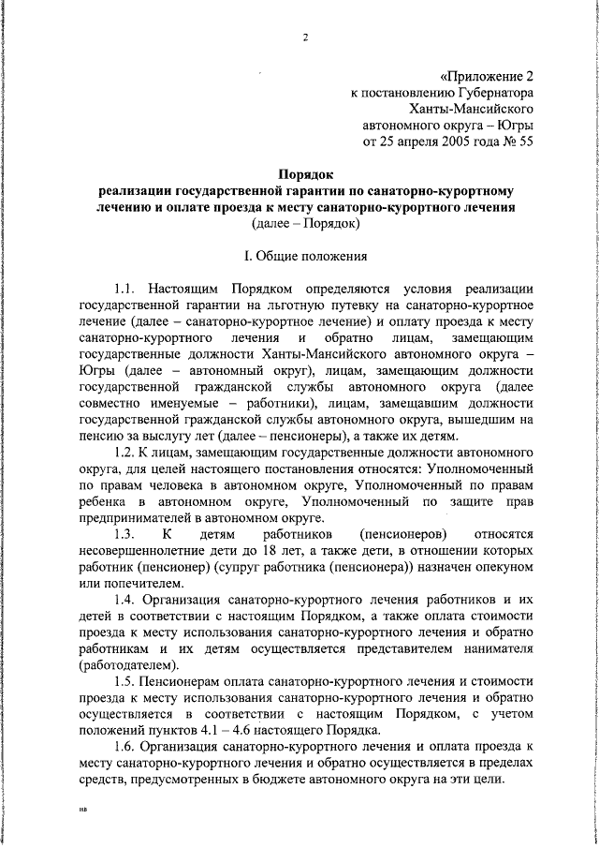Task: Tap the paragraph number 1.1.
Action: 125,287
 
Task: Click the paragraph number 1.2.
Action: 125,452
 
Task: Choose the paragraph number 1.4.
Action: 125,600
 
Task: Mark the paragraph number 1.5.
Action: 125,681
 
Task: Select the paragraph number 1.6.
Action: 125,747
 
